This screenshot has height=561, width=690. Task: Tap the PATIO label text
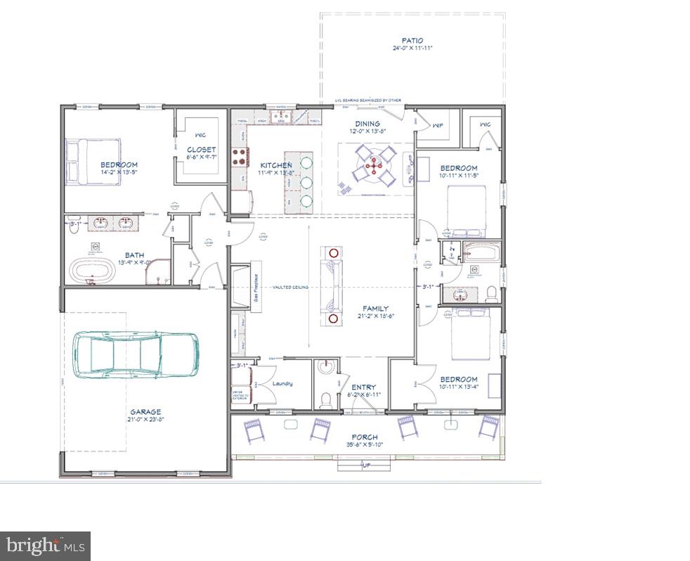point(412,41)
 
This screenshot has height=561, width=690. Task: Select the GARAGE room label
point(145,412)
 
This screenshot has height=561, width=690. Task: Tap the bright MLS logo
point(45,545)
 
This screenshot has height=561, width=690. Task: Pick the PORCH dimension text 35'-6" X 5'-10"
point(365,445)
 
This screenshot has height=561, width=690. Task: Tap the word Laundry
point(282,383)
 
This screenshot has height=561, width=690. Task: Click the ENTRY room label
point(363,387)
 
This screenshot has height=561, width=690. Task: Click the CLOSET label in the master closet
point(201,149)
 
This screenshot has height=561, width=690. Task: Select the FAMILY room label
point(375,308)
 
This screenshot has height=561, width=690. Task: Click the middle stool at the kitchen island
point(306,182)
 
